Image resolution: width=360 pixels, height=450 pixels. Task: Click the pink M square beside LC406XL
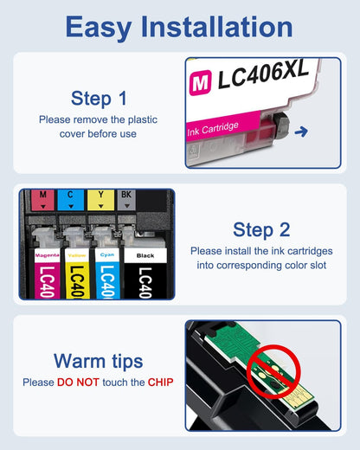[x=200, y=80]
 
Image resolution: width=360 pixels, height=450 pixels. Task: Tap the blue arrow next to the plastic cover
[x=300, y=132]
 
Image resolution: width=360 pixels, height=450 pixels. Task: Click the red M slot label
[x=43, y=196]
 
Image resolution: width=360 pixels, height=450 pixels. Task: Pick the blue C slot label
[x=69, y=196]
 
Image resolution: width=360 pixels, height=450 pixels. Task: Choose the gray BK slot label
[x=126, y=196]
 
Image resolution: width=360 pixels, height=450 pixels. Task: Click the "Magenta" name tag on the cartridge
[x=47, y=256]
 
